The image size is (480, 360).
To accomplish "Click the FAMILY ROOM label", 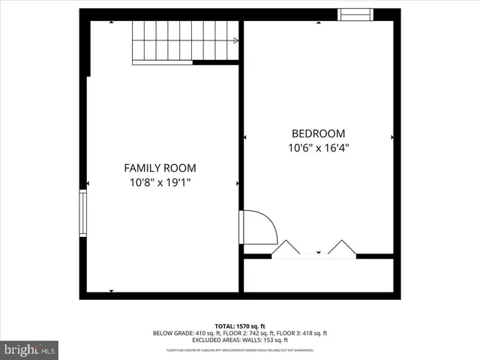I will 160,168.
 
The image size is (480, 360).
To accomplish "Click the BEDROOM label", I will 319,133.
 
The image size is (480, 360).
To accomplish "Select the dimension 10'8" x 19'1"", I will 160,182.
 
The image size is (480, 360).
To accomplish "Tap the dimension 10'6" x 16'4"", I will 319,148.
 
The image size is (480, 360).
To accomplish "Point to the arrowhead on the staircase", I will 236,41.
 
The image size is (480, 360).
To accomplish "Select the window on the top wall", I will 355,14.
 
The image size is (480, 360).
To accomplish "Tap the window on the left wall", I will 83,213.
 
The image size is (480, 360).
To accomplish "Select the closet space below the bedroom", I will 319,275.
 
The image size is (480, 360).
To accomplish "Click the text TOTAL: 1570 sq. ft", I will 240,325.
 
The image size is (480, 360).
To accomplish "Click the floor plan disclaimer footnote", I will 240,350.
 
